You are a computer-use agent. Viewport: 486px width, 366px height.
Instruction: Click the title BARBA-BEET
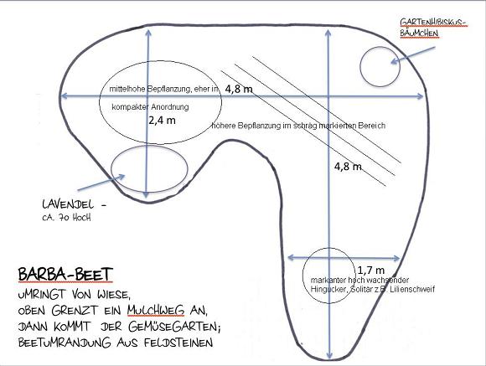click(65, 274)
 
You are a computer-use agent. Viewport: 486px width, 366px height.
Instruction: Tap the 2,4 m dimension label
click(162, 121)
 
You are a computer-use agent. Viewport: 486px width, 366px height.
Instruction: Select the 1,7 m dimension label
click(371, 271)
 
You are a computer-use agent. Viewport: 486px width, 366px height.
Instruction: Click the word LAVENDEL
click(68, 204)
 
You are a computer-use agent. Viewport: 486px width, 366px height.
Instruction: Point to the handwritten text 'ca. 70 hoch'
click(67, 218)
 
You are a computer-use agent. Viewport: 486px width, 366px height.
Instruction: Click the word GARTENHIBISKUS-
click(433, 23)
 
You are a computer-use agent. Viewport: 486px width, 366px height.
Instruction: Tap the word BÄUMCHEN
click(419, 34)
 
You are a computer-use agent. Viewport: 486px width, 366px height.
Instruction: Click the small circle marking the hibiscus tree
click(360, 66)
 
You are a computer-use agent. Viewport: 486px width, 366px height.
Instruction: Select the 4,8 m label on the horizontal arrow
click(239, 90)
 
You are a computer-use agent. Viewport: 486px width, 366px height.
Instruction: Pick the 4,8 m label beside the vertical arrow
click(348, 167)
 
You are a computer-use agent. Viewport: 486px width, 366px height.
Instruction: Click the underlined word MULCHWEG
click(156, 310)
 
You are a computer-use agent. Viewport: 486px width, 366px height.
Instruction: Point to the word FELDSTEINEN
click(178, 343)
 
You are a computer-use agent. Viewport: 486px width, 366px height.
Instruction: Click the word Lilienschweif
click(412, 290)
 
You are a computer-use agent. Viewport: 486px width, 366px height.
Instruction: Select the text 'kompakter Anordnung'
click(150, 107)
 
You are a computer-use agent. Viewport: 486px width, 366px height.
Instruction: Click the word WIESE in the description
click(112, 294)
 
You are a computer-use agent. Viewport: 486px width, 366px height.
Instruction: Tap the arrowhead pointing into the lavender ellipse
click(121, 177)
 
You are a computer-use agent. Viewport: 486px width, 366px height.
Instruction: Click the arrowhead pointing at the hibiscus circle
click(395, 61)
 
